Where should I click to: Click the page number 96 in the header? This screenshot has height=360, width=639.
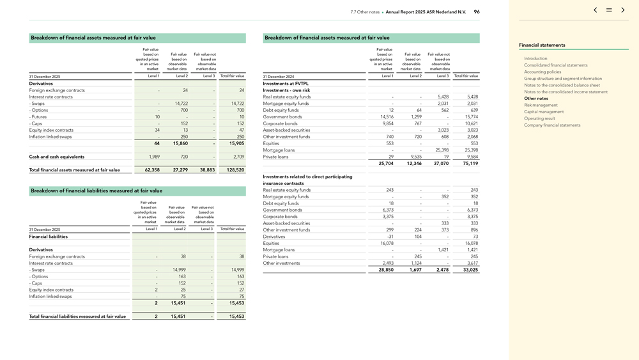tap(477, 12)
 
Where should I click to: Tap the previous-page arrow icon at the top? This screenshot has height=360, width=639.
tap(596, 10)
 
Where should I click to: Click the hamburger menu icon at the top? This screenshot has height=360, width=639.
tap(609, 10)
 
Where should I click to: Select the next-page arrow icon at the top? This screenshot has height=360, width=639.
tap(623, 10)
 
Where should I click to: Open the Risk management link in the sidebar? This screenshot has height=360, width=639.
tap(541, 105)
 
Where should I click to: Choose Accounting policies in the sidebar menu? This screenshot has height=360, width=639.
tap(543, 72)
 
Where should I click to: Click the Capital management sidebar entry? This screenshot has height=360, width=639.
tap(544, 112)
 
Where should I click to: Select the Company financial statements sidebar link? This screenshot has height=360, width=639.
tap(552, 125)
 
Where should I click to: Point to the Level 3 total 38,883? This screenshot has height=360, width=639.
tap(207, 170)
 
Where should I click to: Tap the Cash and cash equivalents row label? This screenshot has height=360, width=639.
tap(56, 157)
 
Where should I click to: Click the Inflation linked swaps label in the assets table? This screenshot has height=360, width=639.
tap(50, 137)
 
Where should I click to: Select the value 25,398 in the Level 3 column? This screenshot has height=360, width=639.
tap(442, 150)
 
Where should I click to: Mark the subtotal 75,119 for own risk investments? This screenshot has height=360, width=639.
tap(470, 164)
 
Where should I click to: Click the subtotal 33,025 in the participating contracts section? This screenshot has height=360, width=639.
tap(470, 270)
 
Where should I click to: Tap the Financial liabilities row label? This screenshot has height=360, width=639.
tap(49, 237)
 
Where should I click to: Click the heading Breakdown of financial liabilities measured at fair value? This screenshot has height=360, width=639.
tap(96, 191)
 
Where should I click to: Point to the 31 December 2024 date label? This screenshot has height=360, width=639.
tap(279, 77)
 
